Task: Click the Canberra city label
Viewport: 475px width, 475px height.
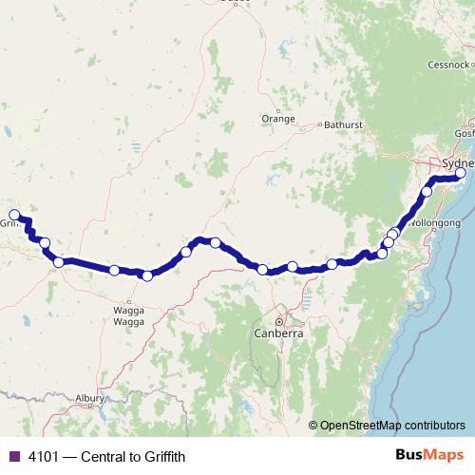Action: point(278,334)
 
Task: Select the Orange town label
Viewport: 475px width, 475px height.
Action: point(277,119)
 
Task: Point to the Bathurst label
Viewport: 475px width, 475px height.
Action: point(343,124)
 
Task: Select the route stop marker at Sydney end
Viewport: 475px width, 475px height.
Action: point(461,174)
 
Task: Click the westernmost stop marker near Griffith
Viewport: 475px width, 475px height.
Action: point(14,215)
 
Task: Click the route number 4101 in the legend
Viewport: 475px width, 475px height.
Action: point(44,457)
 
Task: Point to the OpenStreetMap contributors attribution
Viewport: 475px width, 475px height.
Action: point(392,425)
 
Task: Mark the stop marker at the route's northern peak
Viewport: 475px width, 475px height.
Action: point(217,242)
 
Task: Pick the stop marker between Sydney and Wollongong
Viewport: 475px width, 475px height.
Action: point(427,192)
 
